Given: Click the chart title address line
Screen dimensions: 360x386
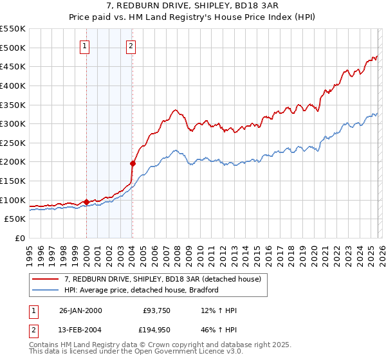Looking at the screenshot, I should (193, 6).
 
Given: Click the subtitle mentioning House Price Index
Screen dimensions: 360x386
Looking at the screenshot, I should (193, 17).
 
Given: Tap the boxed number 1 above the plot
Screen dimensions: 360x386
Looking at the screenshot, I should (86, 46).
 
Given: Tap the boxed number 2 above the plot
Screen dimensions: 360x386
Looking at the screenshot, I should (131, 46).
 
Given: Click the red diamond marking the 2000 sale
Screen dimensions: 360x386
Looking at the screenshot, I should (86, 202).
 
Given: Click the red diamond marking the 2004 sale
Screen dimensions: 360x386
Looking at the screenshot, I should (133, 163).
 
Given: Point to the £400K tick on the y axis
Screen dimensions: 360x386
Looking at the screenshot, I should (13, 85).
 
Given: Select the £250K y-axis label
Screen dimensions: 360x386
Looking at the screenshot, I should (13, 143).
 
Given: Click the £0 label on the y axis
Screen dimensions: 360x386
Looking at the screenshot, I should (21, 238).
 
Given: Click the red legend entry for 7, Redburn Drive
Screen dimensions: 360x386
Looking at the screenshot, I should (162, 279).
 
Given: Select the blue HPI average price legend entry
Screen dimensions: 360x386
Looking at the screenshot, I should (142, 290).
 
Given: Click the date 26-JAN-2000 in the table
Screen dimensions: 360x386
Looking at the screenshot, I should (80, 310).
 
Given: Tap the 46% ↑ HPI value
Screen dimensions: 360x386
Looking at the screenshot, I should (219, 330).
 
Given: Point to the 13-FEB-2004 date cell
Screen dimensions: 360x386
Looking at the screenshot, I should (80, 330).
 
